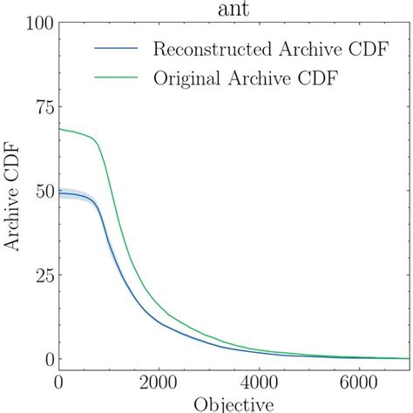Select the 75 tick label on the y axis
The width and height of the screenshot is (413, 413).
[x=37, y=108]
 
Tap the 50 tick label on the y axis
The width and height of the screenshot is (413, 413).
[x=37, y=192]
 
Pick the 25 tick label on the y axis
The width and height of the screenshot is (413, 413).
[x=37, y=275]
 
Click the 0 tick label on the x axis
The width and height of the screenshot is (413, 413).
[x=58, y=382]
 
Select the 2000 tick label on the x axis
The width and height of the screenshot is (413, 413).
[x=159, y=382]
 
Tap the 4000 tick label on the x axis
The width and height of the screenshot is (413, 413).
[x=259, y=382]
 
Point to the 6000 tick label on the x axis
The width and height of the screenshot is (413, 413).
[x=359, y=382]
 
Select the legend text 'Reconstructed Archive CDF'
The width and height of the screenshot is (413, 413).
[x=244, y=47]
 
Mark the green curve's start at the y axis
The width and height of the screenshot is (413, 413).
[x=59, y=129]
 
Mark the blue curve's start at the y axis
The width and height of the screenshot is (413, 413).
[x=59, y=193]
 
